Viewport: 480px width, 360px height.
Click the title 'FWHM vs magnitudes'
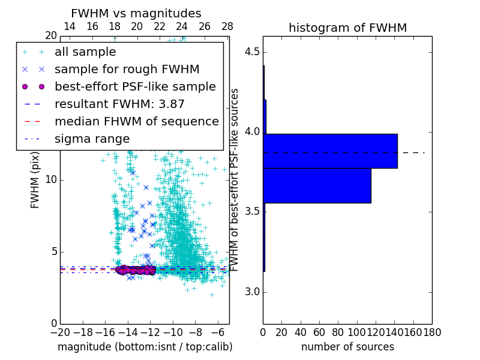point(136,13)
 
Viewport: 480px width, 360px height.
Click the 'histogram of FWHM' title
point(347,28)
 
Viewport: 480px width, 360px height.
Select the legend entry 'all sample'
point(85,52)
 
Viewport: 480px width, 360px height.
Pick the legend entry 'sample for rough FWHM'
point(127,70)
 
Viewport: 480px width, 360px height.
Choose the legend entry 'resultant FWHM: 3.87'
point(119,104)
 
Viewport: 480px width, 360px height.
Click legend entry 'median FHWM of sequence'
point(136,122)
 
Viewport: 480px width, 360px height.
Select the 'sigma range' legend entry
point(92,139)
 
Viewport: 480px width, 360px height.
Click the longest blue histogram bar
point(330,151)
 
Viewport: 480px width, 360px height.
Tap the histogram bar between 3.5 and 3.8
point(317,185)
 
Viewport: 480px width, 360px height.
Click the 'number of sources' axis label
point(347,347)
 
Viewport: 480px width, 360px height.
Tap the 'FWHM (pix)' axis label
point(35,180)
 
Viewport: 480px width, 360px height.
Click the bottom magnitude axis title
point(145,347)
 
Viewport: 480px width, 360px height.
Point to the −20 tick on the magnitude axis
point(60,331)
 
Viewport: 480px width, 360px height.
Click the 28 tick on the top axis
point(227,26)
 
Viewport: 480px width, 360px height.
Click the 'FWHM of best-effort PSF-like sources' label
point(235,180)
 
